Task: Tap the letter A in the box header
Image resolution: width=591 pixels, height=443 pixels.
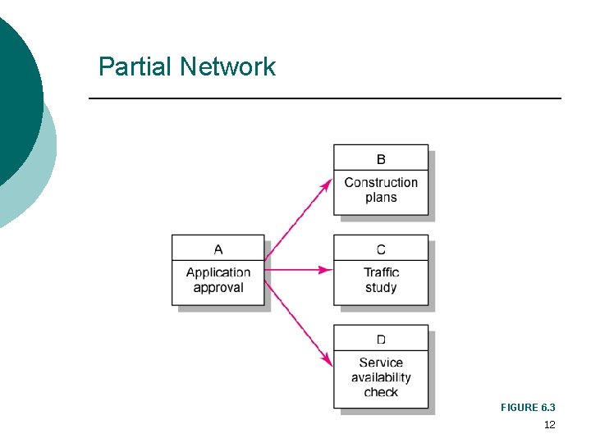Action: click(x=218, y=249)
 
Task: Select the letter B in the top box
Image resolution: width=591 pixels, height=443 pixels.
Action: click(x=381, y=159)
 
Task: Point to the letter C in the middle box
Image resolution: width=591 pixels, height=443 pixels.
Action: click(x=381, y=249)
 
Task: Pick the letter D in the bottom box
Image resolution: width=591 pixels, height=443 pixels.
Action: click(x=381, y=340)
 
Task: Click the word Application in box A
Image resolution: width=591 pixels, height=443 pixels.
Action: click(x=218, y=272)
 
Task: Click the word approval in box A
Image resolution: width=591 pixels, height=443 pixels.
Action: click(x=218, y=288)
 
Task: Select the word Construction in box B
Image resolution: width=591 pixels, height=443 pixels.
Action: click(x=381, y=182)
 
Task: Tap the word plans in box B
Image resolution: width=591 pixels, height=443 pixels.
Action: click(x=381, y=198)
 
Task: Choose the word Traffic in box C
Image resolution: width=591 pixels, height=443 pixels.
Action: click(x=381, y=272)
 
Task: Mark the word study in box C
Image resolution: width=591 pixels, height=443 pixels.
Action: click(x=381, y=288)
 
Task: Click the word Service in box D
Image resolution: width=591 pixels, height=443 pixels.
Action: click(x=381, y=363)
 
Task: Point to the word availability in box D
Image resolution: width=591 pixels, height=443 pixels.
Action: click(x=381, y=377)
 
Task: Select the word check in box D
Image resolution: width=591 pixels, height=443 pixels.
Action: click(x=381, y=392)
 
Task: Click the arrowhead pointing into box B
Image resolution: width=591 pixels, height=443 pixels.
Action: click(x=327, y=183)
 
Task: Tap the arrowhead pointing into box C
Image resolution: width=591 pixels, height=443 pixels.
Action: click(x=326, y=269)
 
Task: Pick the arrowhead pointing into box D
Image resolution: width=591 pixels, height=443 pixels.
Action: click(x=327, y=359)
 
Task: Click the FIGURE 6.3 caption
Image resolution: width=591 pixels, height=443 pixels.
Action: click(x=528, y=408)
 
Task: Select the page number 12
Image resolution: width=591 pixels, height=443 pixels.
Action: click(x=549, y=425)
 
